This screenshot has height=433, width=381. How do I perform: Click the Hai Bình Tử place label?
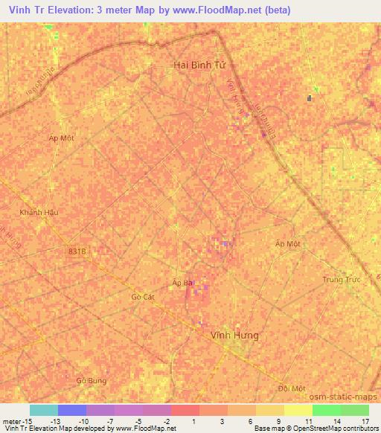pyautogui.click(x=199, y=65)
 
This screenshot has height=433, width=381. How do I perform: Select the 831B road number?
pyautogui.click(x=77, y=252)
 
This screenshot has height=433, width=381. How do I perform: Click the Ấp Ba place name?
pyautogui.click(x=183, y=283)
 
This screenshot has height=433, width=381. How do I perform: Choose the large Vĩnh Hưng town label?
pyautogui.click(x=235, y=336)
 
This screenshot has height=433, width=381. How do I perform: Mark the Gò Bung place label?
pyautogui.click(x=92, y=380)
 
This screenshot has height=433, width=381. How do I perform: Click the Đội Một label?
pyautogui.click(x=292, y=388)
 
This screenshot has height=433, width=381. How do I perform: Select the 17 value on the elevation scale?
pyautogui.click(x=365, y=421)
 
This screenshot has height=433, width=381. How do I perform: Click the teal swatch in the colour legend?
pyautogui.click(x=43, y=410)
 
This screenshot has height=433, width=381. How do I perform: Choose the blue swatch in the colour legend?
pyautogui.click(x=71, y=410)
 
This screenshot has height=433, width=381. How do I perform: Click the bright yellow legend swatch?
pyautogui.click(x=298, y=410)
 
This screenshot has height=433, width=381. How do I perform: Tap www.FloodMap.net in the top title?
pyautogui.click(x=228, y=10)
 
